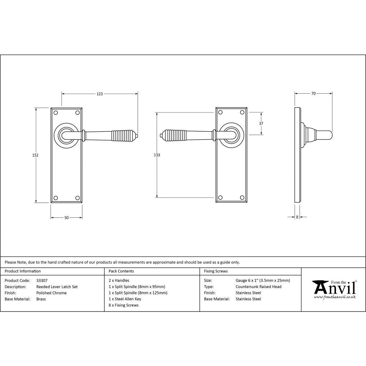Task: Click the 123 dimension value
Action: point(100,94)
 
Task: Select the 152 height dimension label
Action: point(36,155)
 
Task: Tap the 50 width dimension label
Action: point(66,218)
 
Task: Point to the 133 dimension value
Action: point(157,155)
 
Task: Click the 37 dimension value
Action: point(261,124)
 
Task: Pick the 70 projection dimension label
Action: point(313,94)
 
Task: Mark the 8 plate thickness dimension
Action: point(297,217)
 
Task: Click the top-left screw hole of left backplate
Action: point(56,112)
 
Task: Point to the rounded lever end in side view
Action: point(328,135)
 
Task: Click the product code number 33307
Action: point(42,281)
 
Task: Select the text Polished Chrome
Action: point(51,293)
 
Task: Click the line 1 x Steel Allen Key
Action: point(125,299)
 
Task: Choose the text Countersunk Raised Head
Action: point(258,287)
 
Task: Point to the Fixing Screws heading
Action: point(216,271)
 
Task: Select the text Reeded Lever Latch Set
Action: point(57,287)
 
